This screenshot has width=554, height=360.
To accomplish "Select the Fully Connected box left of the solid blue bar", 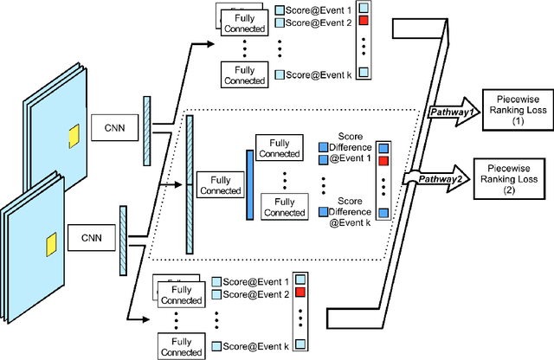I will click(x=220, y=184).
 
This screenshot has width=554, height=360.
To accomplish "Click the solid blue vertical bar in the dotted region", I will click(x=249, y=174).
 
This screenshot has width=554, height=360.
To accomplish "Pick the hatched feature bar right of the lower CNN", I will click(x=123, y=226).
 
